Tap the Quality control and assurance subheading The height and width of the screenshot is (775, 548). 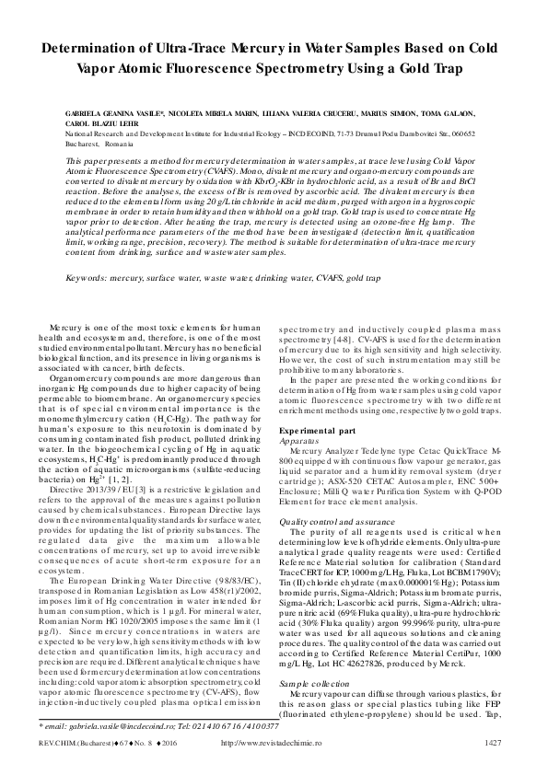[334, 522]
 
